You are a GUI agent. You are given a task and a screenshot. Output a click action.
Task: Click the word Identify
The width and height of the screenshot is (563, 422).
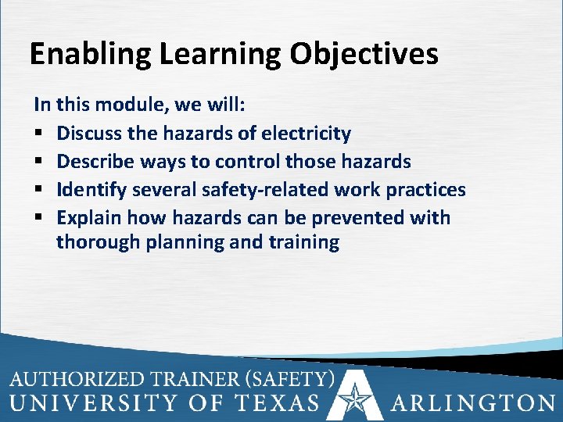[91, 190]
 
